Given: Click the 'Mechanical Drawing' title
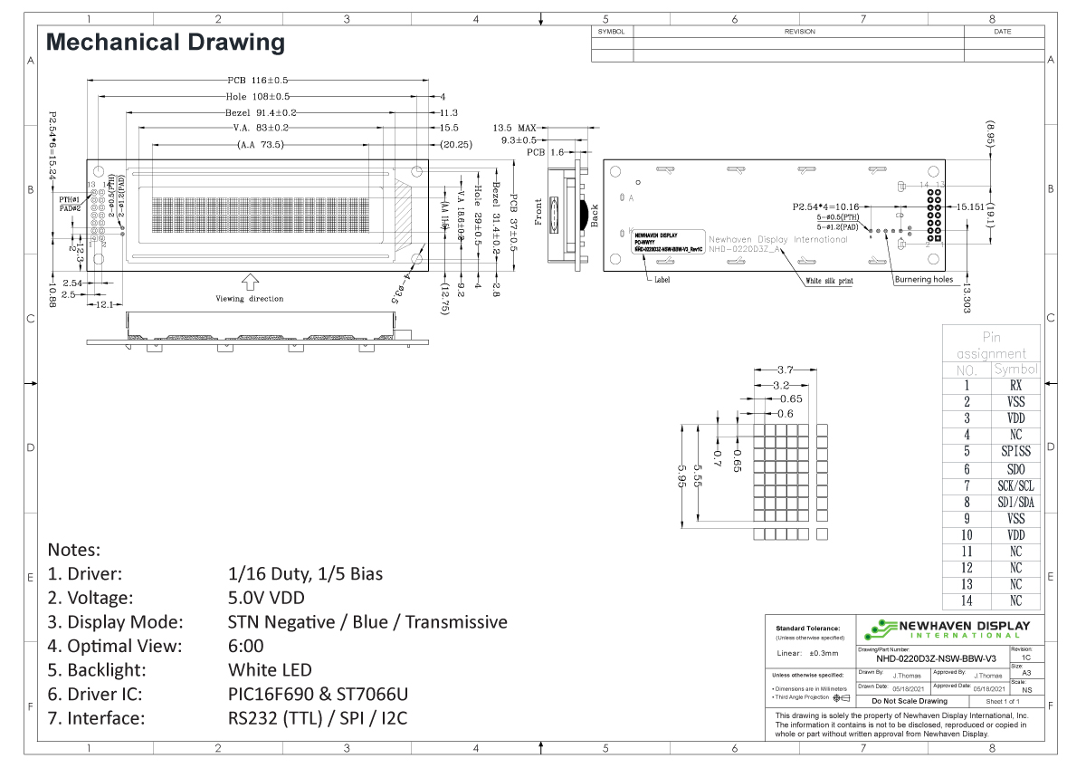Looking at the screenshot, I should point(166,42).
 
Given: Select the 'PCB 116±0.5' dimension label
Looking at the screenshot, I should point(258,81).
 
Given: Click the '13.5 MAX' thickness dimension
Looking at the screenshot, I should point(515,128).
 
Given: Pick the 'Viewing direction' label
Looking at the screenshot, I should point(249,298).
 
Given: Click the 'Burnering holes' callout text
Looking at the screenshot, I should point(923,279).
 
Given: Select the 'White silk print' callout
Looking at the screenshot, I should point(829,282).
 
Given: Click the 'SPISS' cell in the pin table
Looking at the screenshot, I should point(1015,451).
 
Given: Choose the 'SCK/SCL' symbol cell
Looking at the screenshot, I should point(1015,485).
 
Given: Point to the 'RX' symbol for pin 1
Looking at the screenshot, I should point(1015,385).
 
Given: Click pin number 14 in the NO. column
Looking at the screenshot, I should point(967,601).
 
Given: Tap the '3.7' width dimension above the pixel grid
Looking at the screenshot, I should point(786,370).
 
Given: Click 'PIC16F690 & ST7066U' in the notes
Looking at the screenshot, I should point(319,695).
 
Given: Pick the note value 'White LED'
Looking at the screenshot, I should point(270,670).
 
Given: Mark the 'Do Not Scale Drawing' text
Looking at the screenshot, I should point(909,701).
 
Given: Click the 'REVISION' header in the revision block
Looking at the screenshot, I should point(799,32).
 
